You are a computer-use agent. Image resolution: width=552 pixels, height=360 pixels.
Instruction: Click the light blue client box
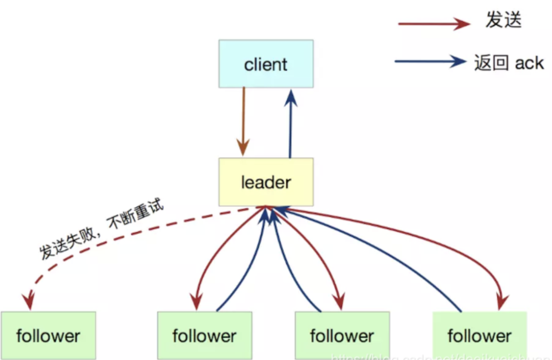(x=266, y=64)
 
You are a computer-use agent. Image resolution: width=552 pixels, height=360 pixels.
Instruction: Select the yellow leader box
(x=266, y=182)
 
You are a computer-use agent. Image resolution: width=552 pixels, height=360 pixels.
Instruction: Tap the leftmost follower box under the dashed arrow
(x=48, y=335)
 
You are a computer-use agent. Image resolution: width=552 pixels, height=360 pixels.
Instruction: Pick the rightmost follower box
(x=479, y=335)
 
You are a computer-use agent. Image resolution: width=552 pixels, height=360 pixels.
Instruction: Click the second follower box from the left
(x=205, y=335)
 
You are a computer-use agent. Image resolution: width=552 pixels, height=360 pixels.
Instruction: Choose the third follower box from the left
(x=342, y=335)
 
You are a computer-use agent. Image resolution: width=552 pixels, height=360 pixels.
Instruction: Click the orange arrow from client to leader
(x=243, y=116)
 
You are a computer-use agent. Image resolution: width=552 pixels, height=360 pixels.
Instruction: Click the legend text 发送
(x=503, y=20)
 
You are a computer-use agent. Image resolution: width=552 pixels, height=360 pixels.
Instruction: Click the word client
(x=266, y=65)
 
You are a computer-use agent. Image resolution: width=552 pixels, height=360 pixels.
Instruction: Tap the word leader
(x=266, y=183)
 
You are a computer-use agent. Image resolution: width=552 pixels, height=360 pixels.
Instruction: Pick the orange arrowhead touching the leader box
(x=243, y=149)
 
